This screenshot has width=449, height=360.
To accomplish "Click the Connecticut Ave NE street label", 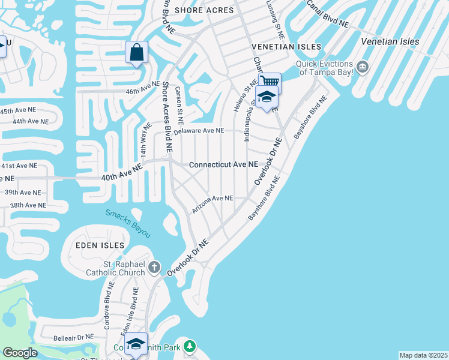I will pos(223,164).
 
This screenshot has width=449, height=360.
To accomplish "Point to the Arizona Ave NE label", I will pos(212,204).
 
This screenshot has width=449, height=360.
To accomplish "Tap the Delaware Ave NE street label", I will pos(199,130).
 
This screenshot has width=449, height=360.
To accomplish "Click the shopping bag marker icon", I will pos(137,52).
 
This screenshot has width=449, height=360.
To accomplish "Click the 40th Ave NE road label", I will pos(122,173).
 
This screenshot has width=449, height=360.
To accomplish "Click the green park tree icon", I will pos(190,346).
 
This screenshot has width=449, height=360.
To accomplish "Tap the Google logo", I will pos(20,353).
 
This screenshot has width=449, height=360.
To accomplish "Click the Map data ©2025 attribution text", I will pos(423,355).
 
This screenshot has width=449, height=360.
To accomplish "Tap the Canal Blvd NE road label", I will pos(327,14).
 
